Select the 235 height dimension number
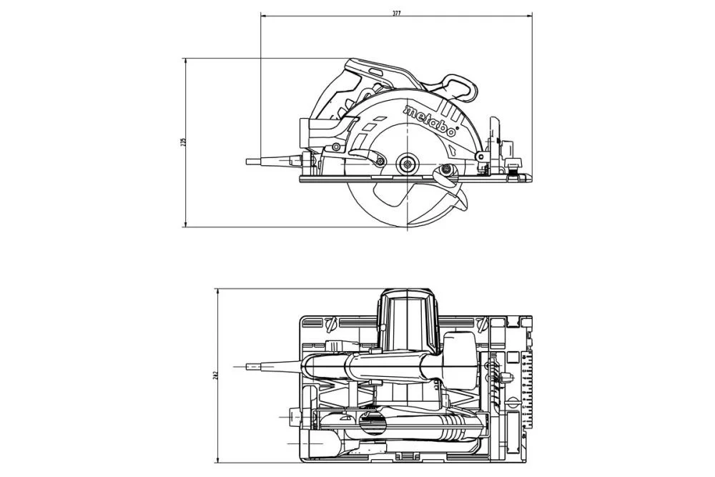click(x=182, y=142)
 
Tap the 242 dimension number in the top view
click(x=214, y=374)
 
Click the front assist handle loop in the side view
click(x=458, y=86)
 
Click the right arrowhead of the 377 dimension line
click(x=531, y=15)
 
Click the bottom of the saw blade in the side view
click(x=408, y=225)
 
